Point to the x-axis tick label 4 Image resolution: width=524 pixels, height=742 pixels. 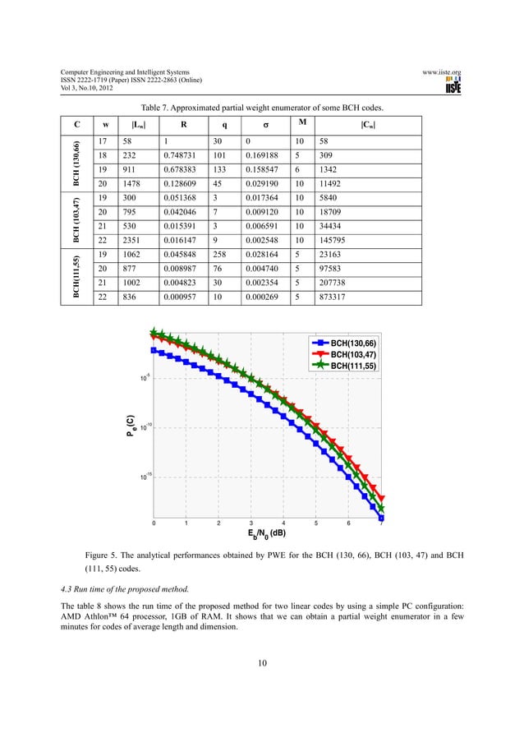283,523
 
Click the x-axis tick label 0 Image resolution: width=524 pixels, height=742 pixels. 152,523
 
